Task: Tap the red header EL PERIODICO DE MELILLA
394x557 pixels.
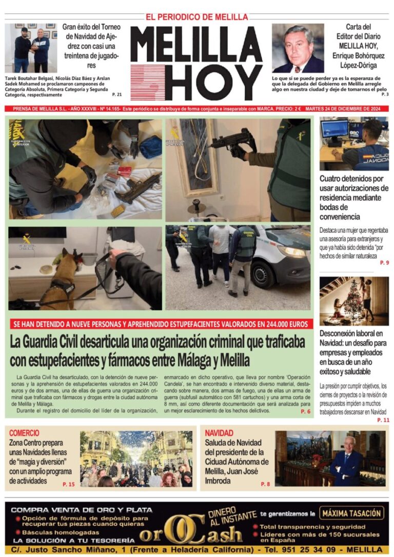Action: [x=197, y=17]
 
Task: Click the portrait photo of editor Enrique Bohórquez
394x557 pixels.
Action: [x=298, y=48]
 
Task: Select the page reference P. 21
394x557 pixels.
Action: [x=117, y=94]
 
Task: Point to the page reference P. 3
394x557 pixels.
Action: [x=385, y=94]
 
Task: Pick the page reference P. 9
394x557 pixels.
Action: [x=384, y=263]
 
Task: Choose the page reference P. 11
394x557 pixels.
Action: [x=383, y=420]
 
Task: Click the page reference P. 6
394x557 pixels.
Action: [x=306, y=411]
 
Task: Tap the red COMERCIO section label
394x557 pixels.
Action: [x=24, y=433]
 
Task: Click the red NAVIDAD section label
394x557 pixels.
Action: [x=219, y=433]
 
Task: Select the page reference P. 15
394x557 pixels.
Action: [x=69, y=484]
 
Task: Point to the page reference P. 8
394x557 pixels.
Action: [x=265, y=484]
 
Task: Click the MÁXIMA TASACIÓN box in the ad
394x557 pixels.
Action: [x=352, y=513]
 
